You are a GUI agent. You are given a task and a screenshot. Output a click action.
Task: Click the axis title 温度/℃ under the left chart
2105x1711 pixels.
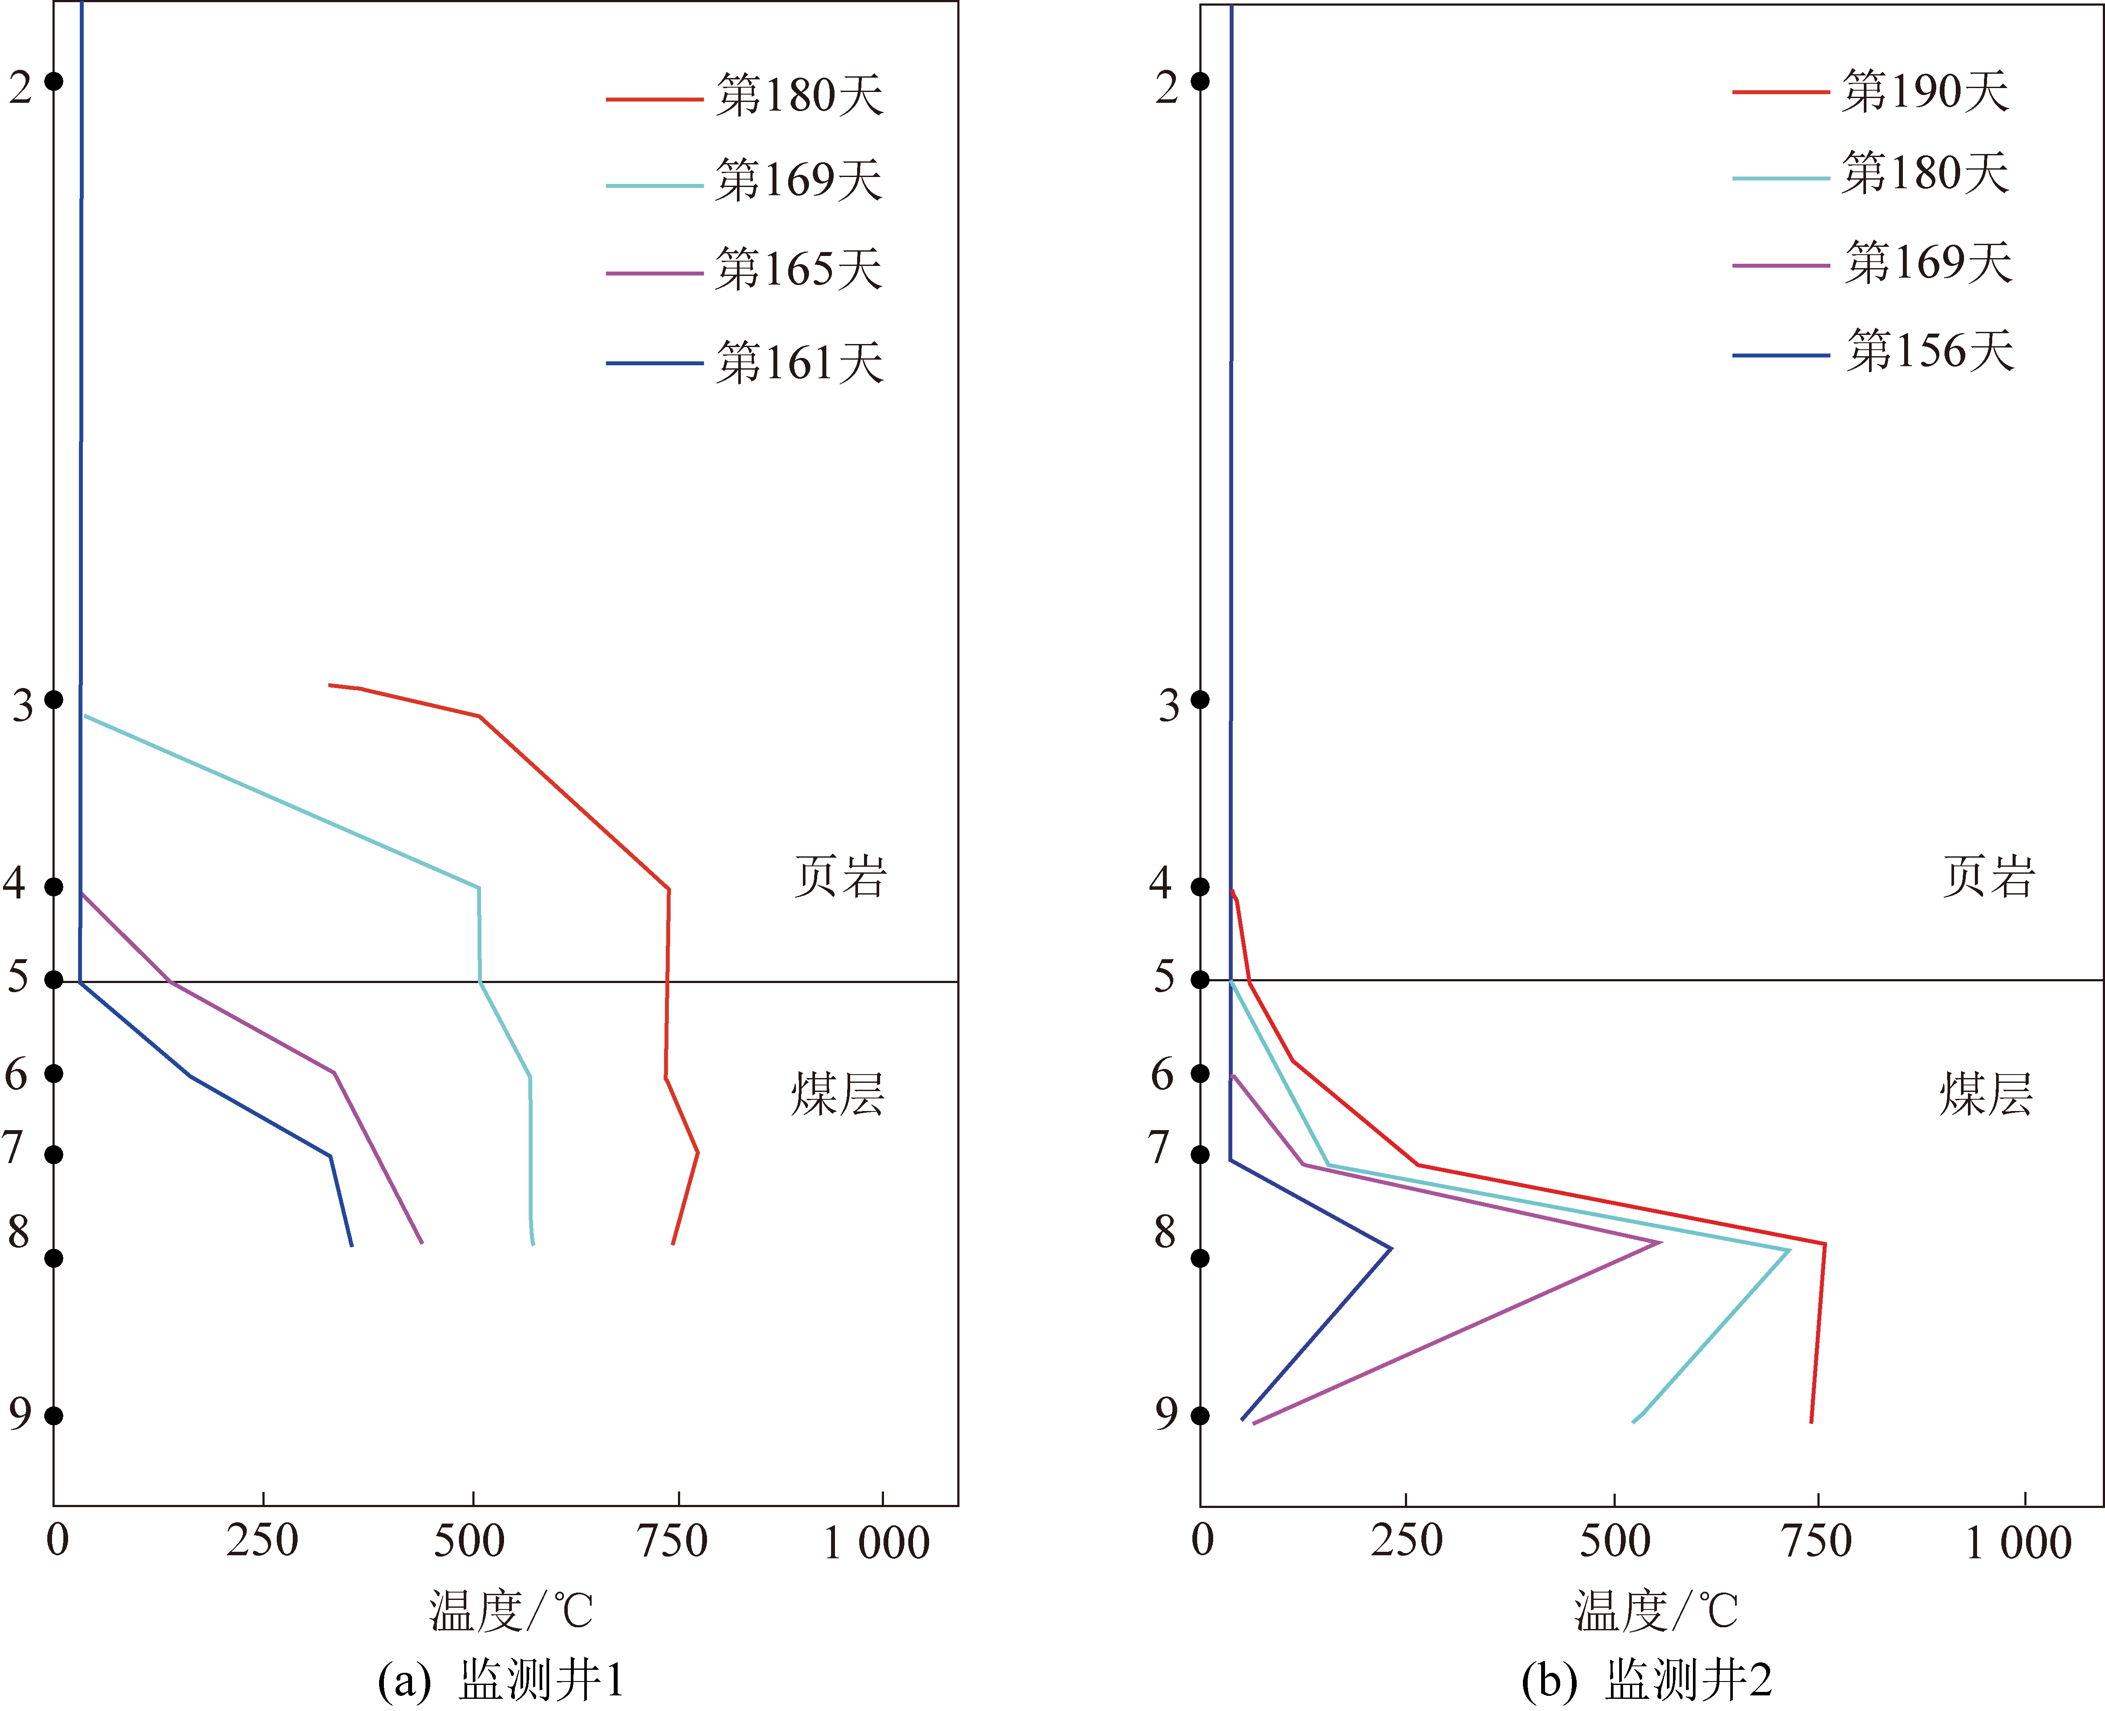511,1613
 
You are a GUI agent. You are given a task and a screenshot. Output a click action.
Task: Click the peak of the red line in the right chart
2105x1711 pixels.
1824,1245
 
